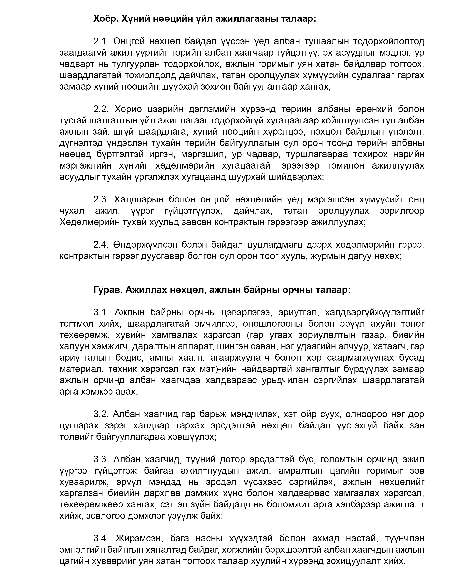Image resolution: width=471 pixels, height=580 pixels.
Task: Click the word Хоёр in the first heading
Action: tap(105, 19)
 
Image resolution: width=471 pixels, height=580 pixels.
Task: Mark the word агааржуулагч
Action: tap(240, 358)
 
